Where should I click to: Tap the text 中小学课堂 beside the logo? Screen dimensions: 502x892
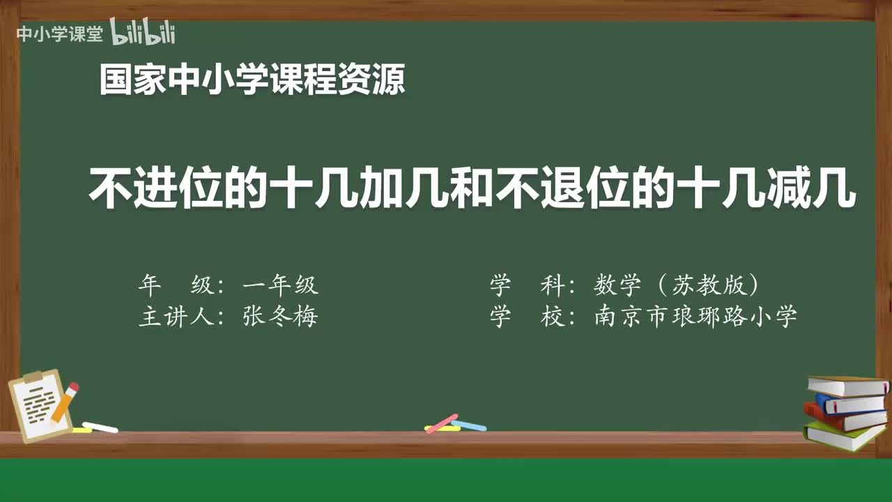click(x=59, y=34)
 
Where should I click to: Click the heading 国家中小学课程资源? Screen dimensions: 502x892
click(x=252, y=79)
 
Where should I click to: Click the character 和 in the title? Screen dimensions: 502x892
click(x=472, y=189)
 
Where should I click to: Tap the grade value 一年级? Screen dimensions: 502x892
click(x=280, y=285)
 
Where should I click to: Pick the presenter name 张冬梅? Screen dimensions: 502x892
click(x=280, y=317)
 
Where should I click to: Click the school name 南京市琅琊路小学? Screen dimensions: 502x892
click(x=695, y=317)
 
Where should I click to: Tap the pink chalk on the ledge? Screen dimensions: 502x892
click(x=442, y=423)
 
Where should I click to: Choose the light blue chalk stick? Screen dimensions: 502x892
click(x=469, y=425)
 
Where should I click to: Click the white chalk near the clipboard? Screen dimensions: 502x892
click(x=100, y=427)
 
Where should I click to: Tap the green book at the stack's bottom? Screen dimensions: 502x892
click(x=843, y=436)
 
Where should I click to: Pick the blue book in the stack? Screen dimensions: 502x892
click(x=850, y=403)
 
